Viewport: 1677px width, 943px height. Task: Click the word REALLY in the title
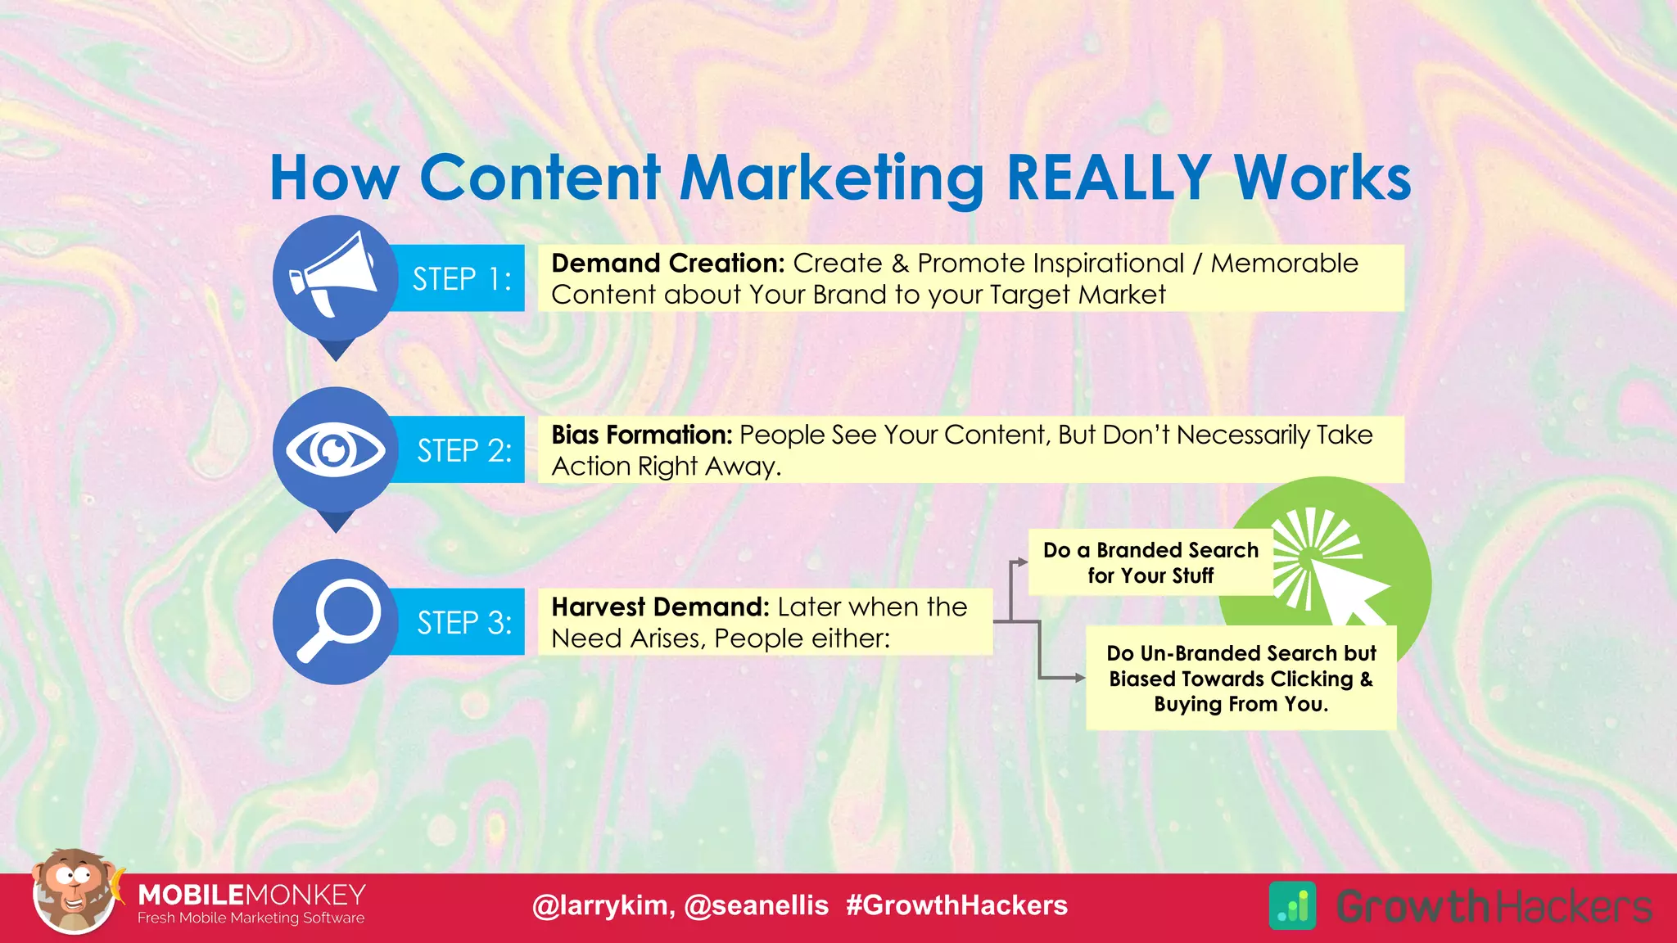pyautogui.click(x=1108, y=178)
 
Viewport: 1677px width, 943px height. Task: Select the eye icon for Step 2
pyautogui.click(x=334, y=449)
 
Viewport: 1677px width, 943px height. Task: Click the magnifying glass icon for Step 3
pyautogui.click(x=336, y=620)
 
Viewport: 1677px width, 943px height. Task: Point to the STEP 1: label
pyautogui.click(x=461, y=279)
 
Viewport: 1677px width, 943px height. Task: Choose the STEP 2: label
pyautogui.click(x=463, y=451)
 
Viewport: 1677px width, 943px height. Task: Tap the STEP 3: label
pyautogui.click(x=463, y=623)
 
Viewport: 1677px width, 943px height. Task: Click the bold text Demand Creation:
pyautogui.click(x=667, y=264)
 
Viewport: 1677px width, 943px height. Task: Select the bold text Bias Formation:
pyautogui.click(x=641, y=435)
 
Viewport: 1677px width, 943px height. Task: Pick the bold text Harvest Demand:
pyautogui.click(x=660, y=607)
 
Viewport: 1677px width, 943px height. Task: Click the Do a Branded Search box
pyautogui.click(x=1150, y=562)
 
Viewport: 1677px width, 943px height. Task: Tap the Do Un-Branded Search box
pyautogui.click(x=1240, y=679)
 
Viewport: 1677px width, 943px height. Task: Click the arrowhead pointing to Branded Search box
pyautogui.click(x=1023, y=562)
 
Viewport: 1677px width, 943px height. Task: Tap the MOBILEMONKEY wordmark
pyautogui.click(x=251, y=894)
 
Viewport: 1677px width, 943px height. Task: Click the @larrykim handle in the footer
pyautogui.click(x=603, y=905)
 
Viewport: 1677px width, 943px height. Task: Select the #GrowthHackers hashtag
pyautogui.click(x=956, y=905)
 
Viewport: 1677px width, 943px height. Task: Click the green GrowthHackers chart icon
pyautogui.click(x=1292, y=905)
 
